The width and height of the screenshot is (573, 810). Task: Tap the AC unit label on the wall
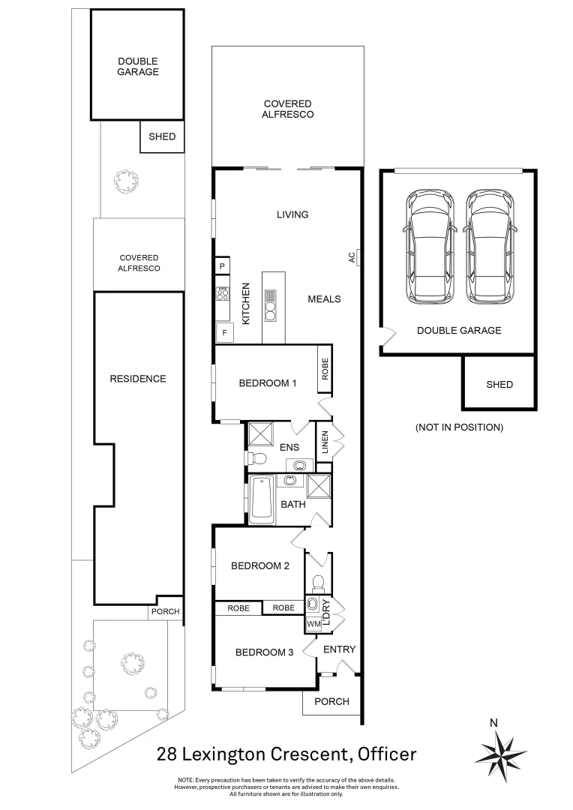point(351,257)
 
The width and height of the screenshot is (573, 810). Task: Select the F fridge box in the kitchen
point(223,332)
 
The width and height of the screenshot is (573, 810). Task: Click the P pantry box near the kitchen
point(223,266)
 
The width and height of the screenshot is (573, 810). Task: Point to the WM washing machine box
point(313,624)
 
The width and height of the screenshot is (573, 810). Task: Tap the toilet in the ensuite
point(258,457)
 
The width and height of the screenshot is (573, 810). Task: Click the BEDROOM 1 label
point(268,383)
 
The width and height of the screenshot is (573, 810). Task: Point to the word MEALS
point(324,299)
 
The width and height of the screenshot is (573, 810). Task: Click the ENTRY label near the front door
point(340,649)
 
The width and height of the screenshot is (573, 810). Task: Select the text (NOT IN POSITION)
point(459,427)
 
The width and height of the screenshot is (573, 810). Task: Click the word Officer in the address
point(386,754)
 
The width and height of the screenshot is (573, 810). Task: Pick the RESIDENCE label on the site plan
point(138,379)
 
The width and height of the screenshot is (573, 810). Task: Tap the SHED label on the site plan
point(162,136)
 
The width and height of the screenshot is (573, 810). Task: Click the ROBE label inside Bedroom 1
point(325,369)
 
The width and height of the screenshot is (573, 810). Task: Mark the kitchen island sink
point(270,296)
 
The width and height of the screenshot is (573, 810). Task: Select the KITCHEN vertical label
point(245,303)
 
